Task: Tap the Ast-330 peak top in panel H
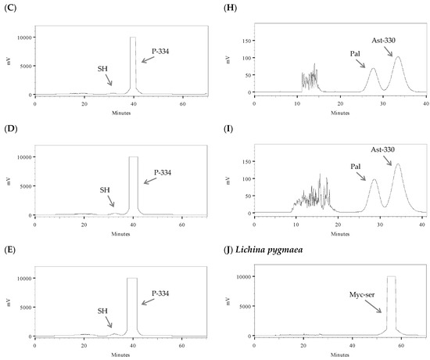[397, 57]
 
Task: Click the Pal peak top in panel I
[374, 180]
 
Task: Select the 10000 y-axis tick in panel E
[22, 278]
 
